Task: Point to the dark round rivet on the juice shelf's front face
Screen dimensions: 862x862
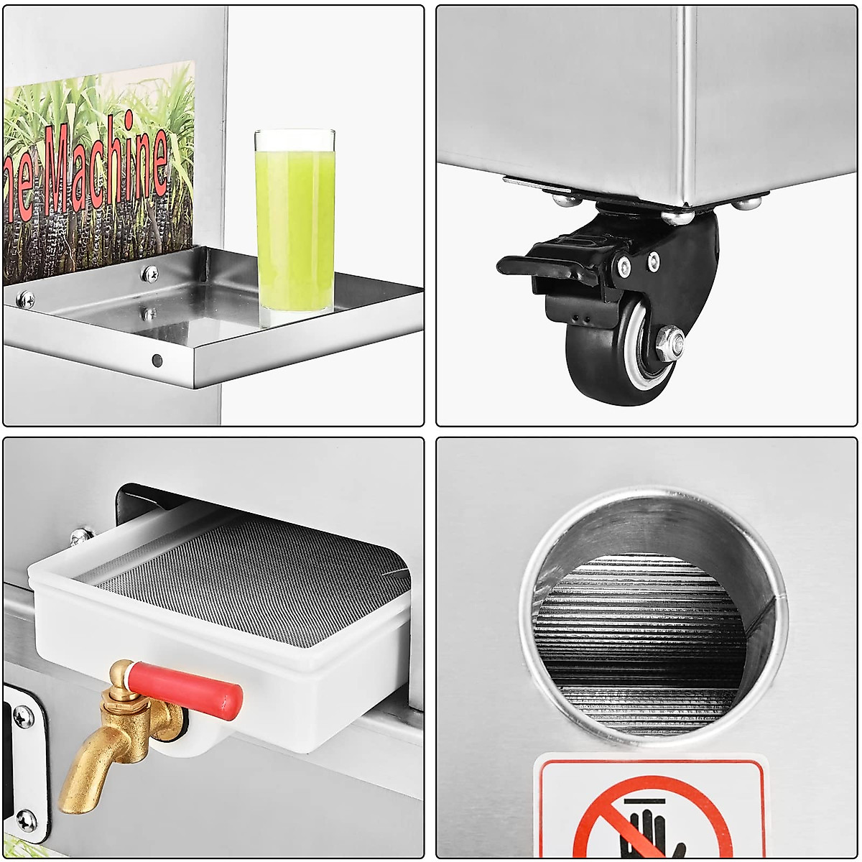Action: (x=157, y=360)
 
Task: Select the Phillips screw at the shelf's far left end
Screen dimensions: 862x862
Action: (x=25, y=299)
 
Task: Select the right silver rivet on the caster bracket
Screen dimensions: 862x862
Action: (x=654, y=261)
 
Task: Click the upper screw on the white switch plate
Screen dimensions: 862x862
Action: (x=23, y=715)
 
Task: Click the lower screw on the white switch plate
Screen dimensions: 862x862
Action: (x=26, y=820)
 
